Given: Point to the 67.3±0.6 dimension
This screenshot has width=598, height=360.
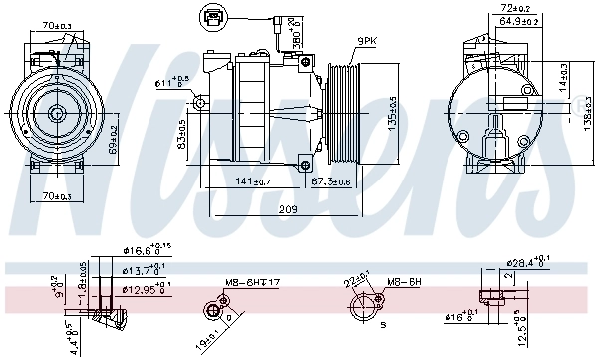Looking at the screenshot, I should point(330,181).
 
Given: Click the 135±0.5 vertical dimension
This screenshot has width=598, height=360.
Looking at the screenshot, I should point(391,115).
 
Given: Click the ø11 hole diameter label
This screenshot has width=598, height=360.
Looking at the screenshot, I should point(171,82).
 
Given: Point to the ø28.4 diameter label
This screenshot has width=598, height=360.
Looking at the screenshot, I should point(529,263).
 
